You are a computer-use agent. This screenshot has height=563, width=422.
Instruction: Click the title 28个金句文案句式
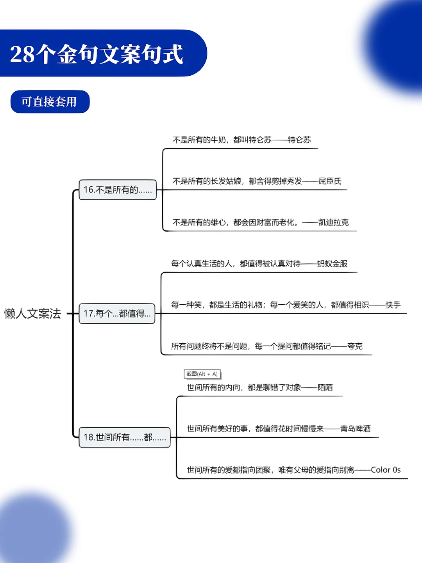(x=97, y=54)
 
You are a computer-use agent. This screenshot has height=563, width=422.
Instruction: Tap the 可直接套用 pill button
(x=50, y=102)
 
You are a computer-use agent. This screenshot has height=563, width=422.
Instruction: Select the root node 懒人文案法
(x=33, y=313)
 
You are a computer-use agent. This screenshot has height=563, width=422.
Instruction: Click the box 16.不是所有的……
(x=118, y=190)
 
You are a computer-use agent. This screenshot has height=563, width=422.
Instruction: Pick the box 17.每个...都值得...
(x=117, y=313)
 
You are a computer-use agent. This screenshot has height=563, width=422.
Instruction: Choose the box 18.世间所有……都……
(x=125, y=437)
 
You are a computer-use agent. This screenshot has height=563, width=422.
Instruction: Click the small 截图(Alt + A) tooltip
(x=202, y=374)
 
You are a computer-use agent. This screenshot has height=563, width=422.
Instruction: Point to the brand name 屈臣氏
(x=330, y=181)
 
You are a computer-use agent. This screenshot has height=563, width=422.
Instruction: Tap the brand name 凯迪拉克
(x=333, y=222)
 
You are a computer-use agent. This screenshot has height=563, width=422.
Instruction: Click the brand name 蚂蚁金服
(x=332, y=264)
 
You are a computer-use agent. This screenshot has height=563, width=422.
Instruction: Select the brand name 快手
(x=393, y=305)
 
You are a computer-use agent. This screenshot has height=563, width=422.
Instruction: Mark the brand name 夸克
(x=355, y=346)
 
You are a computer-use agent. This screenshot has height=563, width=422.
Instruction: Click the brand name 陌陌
(x=325, y=387)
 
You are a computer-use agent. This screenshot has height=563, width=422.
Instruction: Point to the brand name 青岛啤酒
(x=355, y=429)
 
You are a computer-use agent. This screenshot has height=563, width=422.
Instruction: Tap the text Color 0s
(x=386, y=470)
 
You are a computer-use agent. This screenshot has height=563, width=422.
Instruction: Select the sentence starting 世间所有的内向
(x=244, y=387)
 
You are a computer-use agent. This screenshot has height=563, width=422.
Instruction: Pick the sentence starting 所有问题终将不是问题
(x=251, y=346)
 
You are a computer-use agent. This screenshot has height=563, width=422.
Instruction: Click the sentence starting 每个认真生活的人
(x=236, y=264)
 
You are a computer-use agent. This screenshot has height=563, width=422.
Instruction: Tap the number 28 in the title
(x=22, y=54)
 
